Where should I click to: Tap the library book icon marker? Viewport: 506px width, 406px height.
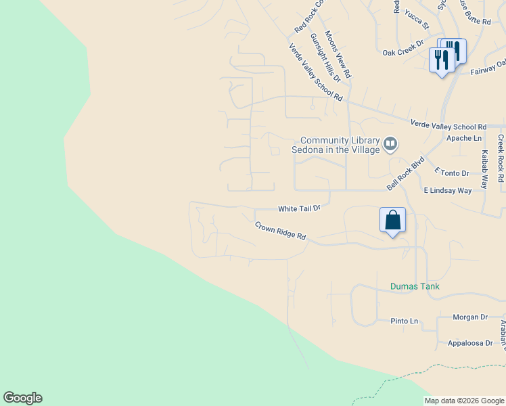pos(390,143)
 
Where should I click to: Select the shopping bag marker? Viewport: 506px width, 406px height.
pos(392,220)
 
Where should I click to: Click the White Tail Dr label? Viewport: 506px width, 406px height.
pos(298,209)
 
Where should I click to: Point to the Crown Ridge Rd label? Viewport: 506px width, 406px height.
pos(281,231)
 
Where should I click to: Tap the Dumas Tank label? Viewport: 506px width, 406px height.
pos(415,286)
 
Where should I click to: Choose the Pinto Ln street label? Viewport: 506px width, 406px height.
pos(405,320)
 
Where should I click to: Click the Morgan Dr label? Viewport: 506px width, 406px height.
pos(470,317)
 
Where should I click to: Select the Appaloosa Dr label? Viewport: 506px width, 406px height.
pos(470,343)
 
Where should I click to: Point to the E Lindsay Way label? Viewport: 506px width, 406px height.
pos(447,191)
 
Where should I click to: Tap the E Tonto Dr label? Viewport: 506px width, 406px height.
pos(451,173)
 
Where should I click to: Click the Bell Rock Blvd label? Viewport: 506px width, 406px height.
pos(405,173)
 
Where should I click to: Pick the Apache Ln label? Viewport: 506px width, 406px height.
pos(463,138)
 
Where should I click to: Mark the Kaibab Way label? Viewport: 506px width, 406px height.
pos(484,169)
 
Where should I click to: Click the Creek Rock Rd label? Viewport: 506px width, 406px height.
pos(501,158)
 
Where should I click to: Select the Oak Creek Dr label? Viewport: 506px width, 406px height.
pos(402,52)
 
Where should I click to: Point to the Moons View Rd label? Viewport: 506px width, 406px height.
pos(338,53)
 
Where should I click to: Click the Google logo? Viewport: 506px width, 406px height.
pos(22,398)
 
